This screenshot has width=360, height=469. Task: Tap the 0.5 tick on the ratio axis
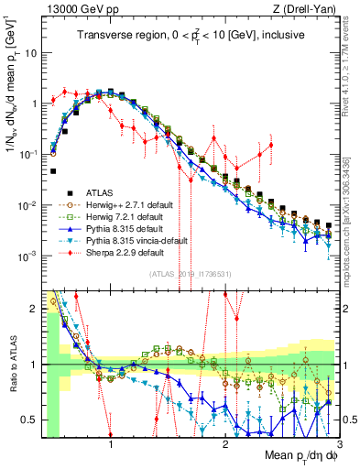click(32, 420)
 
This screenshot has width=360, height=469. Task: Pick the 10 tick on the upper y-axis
click(30, 53)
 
